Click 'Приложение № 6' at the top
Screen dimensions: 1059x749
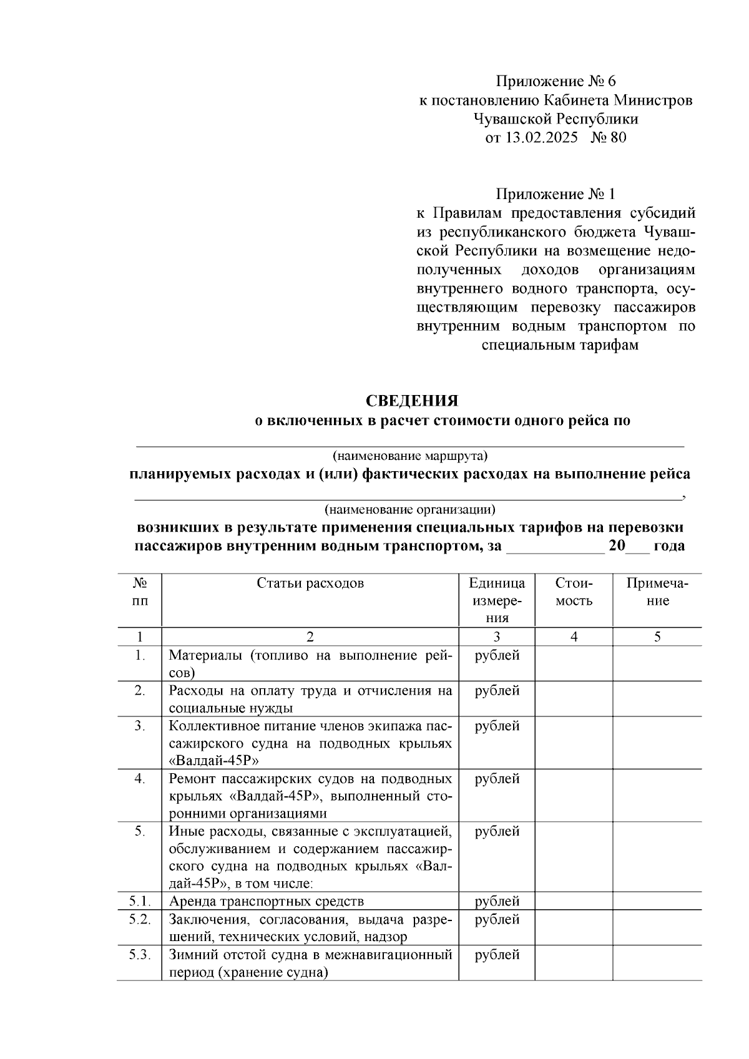pos(556,81)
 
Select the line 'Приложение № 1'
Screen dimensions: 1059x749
pos(556,194)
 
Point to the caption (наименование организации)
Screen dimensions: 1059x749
pos(409,509)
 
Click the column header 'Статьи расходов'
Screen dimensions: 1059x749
pos(310,583)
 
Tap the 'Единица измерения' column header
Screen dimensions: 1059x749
pos(497,600)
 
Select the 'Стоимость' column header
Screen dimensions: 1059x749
pos(574,592)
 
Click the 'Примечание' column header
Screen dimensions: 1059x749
pos(657,592)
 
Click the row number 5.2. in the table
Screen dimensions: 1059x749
pos(140,919)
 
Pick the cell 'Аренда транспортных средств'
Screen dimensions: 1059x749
pos(266,901)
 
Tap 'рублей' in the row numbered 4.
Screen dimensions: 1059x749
pos(497,779)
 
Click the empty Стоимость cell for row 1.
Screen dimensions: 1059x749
pos(574,663)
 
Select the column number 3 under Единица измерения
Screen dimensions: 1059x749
pos(497,637)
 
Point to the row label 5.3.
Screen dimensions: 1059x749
pos(140,955)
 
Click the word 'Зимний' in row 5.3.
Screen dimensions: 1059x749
pos(190,955)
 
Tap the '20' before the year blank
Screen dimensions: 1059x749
pos(617,546)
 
